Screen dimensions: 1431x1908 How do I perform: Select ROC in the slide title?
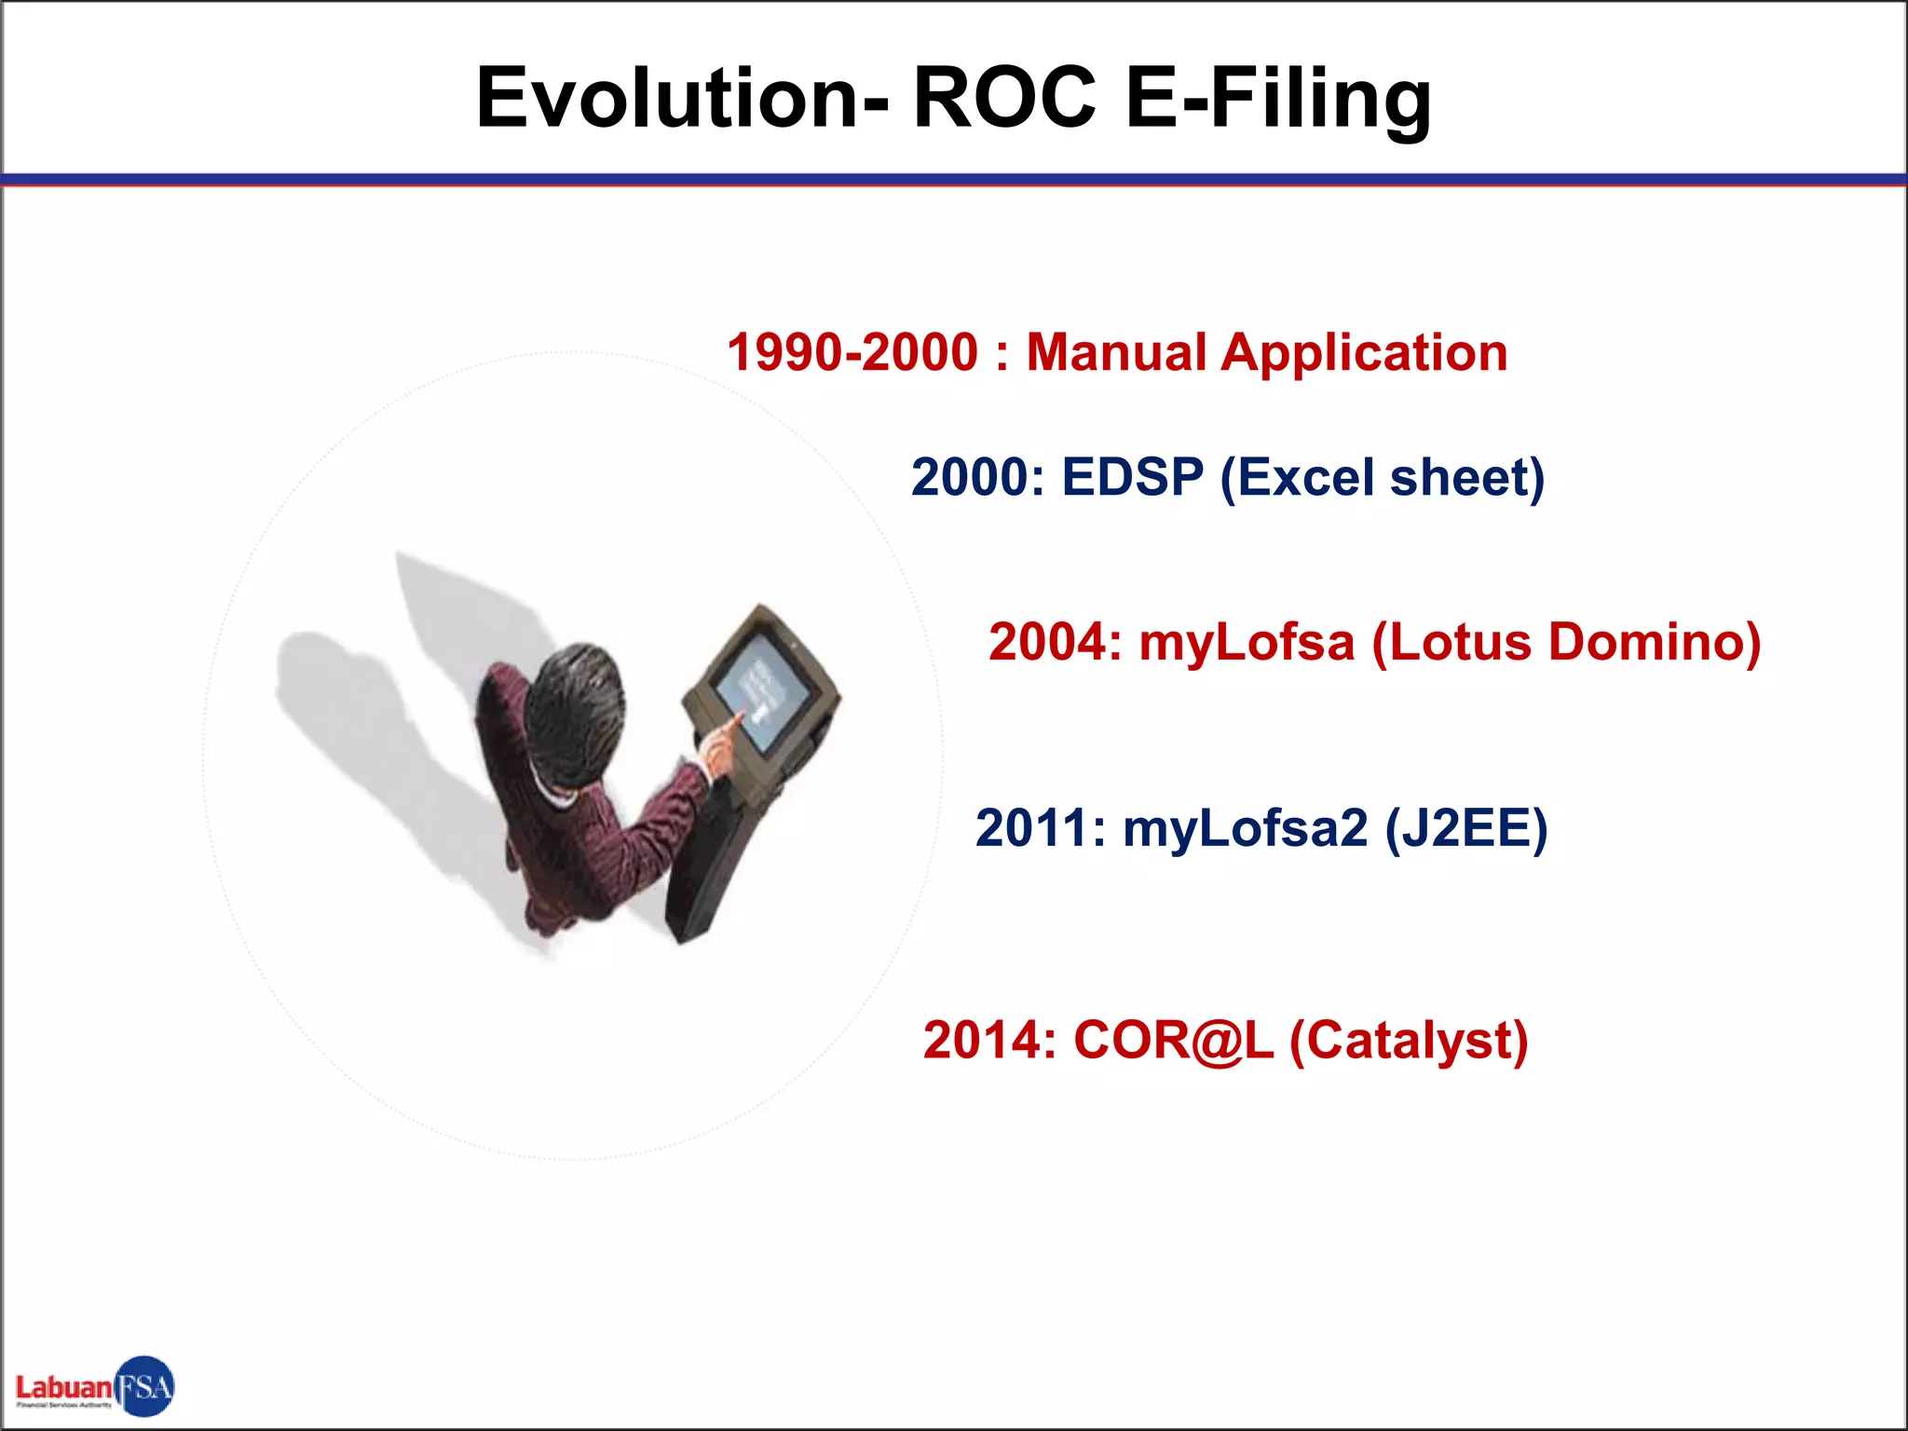click(1004, 99)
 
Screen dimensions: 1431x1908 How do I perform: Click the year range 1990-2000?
click(852, 353)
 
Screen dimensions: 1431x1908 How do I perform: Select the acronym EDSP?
click(1132, 478)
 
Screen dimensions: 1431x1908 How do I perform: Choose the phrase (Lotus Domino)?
click(1566, 643)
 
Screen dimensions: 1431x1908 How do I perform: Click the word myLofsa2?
click(1245, 828)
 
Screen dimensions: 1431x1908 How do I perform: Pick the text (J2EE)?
click(1466, 829)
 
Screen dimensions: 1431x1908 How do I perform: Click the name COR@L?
click(1173, 1041)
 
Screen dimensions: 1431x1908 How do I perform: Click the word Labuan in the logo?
click(63, 1387)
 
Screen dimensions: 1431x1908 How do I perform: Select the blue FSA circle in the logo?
click(145, 1386)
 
